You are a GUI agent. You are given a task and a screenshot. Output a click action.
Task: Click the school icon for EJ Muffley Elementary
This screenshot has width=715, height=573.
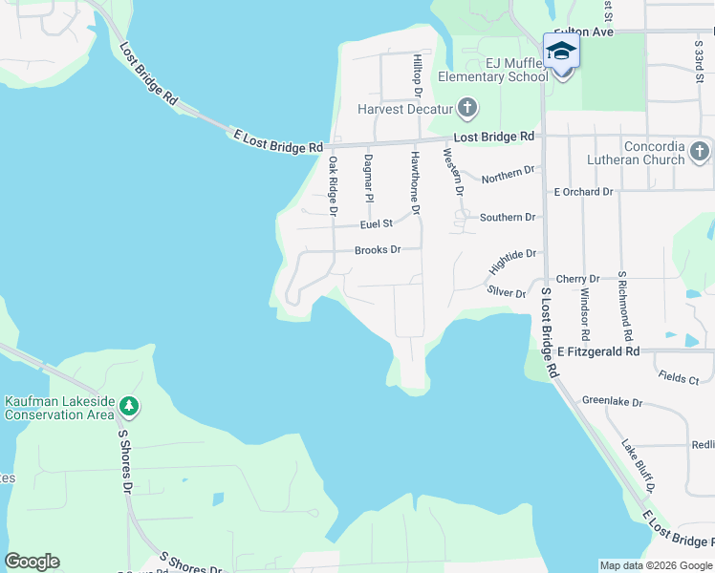561,51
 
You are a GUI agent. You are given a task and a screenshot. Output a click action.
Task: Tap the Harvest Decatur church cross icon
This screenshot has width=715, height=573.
466,107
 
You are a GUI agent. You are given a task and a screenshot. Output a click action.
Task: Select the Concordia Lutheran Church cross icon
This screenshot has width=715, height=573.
700,151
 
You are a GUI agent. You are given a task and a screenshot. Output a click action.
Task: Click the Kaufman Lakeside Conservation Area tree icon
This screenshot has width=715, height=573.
128,408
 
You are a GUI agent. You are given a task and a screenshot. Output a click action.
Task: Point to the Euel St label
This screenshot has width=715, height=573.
377,223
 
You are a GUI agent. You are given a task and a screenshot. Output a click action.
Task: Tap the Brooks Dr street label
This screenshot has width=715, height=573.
377,250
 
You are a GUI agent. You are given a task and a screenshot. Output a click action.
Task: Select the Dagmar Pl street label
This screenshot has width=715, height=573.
368,180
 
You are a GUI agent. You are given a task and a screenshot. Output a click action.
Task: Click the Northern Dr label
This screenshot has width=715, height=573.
508,175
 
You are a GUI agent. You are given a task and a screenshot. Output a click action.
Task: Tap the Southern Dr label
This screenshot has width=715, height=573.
508,217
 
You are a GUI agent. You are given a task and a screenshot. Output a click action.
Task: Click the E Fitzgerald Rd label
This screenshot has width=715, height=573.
598,351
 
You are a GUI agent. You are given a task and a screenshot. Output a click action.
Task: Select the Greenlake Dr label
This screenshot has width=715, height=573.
609,401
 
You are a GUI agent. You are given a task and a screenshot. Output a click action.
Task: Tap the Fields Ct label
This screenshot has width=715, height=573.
680,378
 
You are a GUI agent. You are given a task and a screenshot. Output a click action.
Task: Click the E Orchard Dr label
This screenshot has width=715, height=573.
584,192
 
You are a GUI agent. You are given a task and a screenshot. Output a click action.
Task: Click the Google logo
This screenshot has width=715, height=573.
32,561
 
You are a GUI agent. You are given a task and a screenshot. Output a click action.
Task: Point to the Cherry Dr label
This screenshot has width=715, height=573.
577,279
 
